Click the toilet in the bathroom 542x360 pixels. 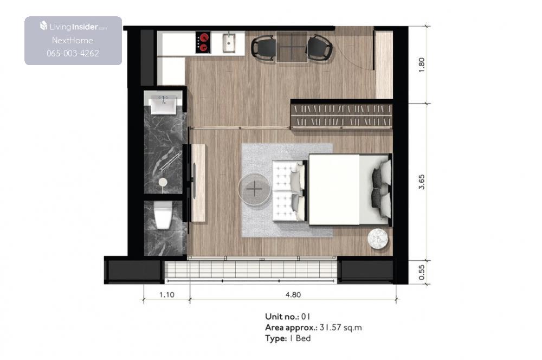[x=163, y=215]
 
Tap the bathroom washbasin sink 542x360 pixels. [x=164, y=105]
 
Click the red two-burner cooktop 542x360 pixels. [x=203, y=42]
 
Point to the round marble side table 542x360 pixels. [x=377, y=238]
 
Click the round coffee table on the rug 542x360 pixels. [x=254, y=189]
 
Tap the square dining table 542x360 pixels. [x=292, y=47]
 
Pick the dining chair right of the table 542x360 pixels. [x=319, y=47]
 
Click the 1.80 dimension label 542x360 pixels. [x=421, y=65]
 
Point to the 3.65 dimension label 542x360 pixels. [x=421, y=182]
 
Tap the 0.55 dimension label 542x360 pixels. [x=421, y=273]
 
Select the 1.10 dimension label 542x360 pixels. [x=166, y=294]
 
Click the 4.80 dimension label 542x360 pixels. [x=293, y=294]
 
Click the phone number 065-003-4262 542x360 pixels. [x=73, y=53]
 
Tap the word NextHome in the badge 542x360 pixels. [x=72, y=41]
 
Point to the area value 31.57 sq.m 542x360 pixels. [x=340, y=327]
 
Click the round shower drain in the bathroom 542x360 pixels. [x=163, y=182]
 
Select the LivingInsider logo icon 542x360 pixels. [x=43, y=25]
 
